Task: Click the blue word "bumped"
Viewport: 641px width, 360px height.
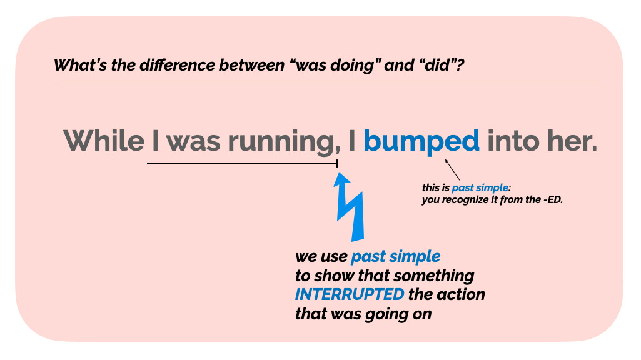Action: coord(421,142)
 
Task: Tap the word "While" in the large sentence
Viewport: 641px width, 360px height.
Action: coord(104,140)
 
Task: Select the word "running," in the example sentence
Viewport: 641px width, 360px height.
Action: coord(284,142)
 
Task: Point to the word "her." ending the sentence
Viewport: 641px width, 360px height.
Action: coord(572,140)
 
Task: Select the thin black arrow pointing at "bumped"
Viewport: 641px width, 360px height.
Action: coord(452,169)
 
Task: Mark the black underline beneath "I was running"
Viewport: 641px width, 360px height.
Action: coord(243,164)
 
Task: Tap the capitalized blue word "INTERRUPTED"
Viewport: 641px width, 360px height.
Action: coord(350,294)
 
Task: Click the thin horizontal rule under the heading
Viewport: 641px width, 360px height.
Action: coord(330,81)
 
